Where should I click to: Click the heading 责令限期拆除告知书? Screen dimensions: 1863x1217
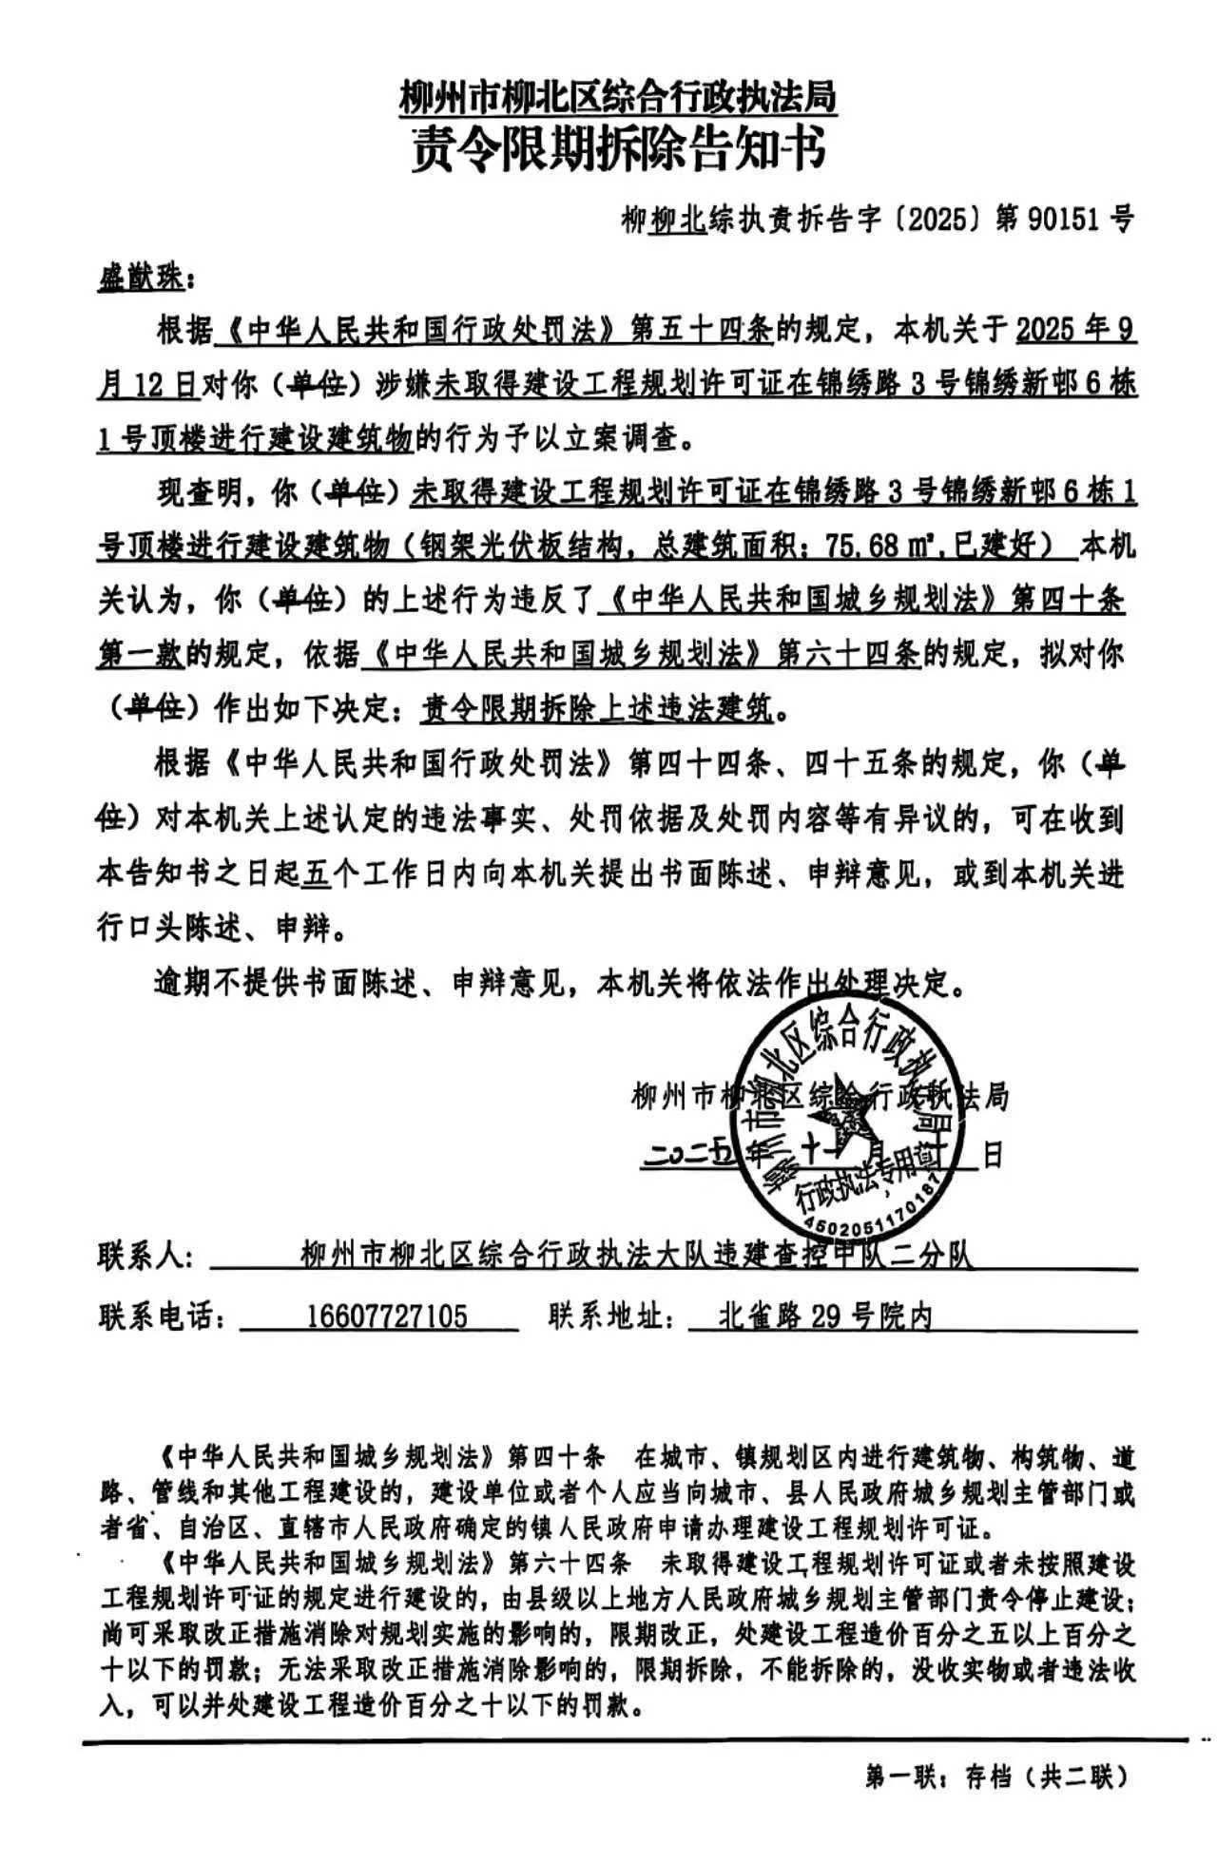(617, 149)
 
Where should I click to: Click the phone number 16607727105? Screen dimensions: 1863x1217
(387, 1316)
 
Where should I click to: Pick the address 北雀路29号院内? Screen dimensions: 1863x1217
(823, 1316)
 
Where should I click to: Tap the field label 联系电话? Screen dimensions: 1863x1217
(162, 1316)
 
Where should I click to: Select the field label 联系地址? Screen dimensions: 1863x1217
(611, 1316)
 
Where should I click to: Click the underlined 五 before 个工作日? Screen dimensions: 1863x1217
(314, 873)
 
